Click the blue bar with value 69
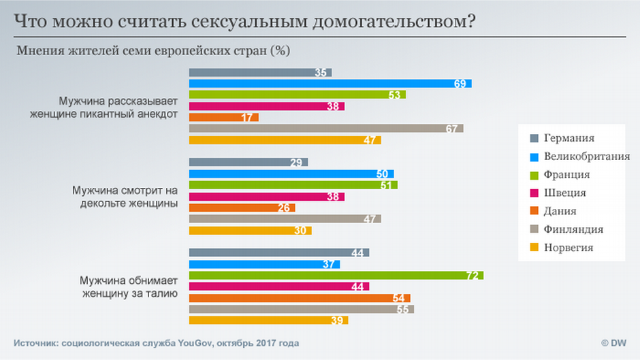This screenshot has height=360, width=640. coord(330,84)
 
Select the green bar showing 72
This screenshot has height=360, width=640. coord(336,275)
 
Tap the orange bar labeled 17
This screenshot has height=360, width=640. coord(223,117)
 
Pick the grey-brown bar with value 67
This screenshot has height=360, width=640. coord(325,129)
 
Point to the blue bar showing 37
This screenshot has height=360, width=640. coord(264,264)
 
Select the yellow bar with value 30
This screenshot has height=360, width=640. coord(250,230)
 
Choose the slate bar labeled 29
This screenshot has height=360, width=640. coord(248,162)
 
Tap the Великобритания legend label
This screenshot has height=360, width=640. coord(586,157)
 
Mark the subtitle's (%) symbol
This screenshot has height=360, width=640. coord(280,51)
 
